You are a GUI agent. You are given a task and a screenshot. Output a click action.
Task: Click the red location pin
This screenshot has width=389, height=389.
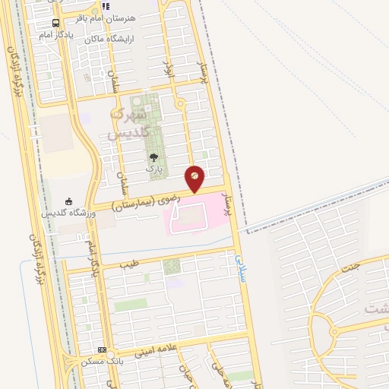pyautogui.click(x=195, y=176)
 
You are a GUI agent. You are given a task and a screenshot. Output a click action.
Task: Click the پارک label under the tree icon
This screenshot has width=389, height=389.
pyautogui.click(x=154, y=169)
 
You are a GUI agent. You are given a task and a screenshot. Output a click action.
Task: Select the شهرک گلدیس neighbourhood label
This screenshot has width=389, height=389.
pyautogui.click(x=126, y=123)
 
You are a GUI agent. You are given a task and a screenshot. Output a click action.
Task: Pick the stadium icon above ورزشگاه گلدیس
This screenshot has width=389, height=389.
pyautogui.click(x=69, y=201)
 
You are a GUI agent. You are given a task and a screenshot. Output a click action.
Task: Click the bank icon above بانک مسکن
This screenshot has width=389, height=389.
pyautogui.click(x=103, y=350)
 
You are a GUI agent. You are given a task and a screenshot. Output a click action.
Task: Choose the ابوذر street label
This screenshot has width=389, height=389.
pyautogui.click(x=169, y=74)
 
